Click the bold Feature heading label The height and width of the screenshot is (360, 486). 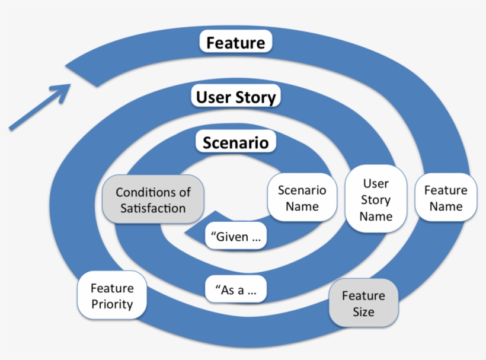click(x=236, y=43)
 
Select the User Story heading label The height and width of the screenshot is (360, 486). click(x=236, y=97)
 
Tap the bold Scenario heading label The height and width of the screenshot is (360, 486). click(x=236, y=142)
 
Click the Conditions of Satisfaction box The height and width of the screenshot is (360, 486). click(x=154, y=200)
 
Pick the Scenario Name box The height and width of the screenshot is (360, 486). click(x=302, y=198)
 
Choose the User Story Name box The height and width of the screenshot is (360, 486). click(x=376, y=200)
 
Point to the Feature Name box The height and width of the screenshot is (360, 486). click(x=446, y=198)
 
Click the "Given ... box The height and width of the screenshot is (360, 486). click(x=235, y=237)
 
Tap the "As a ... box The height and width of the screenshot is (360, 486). click(x=235, y=291)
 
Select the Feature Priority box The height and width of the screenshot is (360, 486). click(x=112, y=296)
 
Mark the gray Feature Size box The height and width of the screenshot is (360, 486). click(x=363, y=303)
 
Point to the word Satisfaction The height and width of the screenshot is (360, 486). click(x=154, y=208)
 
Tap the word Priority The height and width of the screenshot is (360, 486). click(x=112, y=304)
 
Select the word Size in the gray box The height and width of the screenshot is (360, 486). click(x=363, y=311)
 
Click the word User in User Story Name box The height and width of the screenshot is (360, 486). click(x=376, y=184)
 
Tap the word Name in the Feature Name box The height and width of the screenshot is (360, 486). click(x=446, y=206)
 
